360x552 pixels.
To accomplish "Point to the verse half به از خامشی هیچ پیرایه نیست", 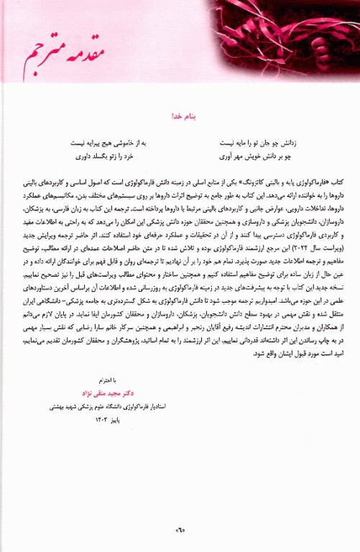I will pos(109,142).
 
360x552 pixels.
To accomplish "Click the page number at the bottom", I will pos(179,532).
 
